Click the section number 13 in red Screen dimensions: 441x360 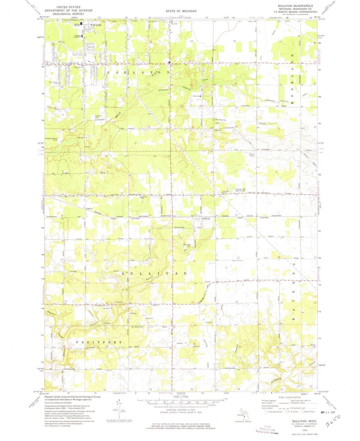[238, 258]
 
